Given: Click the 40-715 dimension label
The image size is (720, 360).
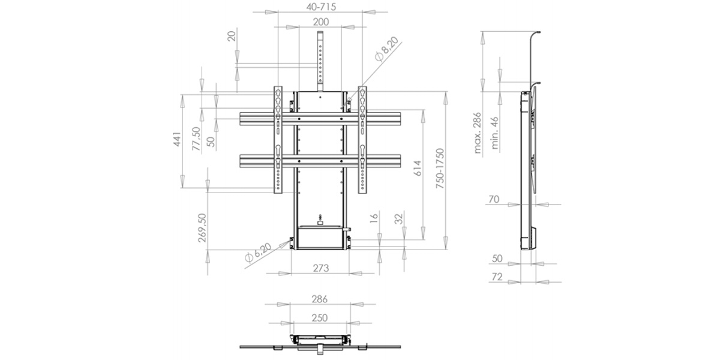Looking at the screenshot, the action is pyautogui.click(x=321, y=7).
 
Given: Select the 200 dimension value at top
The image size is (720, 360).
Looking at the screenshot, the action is pyautogui.click(x=321, y=22).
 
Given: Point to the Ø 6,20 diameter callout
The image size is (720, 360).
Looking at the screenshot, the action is pyautogui.click(x=258, y=253).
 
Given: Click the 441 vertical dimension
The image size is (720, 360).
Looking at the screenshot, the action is pyautogui.click(x=177, y=139).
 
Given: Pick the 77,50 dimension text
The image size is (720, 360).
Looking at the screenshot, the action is pyautogui.click(x=196, y=139).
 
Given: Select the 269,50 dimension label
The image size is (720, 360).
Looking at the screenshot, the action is pyautogui.click(x=202, y=228).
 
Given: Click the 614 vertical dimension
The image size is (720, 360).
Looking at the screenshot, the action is pyautogui.click(x=417, y=168).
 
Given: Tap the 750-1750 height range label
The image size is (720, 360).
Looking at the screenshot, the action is pyautogui.click(x=440, y=169).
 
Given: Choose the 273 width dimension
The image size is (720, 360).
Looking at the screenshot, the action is pyautogui.click(x=321, y=268).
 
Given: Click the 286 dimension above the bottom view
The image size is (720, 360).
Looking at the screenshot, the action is pyautogui.click(x=319, y=299).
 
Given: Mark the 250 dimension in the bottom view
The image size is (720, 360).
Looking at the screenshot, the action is pyautogui.click(x=319, y=318).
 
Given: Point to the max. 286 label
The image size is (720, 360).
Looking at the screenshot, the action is pyautogui.click(x=478, y=133).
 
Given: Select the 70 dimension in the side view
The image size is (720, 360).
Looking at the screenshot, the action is pyautogui.click(x=494, y=199).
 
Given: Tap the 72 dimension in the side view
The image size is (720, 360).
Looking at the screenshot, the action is pyautogui.click(x=497, y=277).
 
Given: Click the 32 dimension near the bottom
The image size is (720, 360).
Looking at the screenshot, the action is pyautogui.click(x=398, y=219).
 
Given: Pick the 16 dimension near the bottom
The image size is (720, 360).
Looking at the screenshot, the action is pyautogui.click(x=374, y=218).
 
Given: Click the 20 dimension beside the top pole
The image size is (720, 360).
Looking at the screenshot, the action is pyautogui.click(x=232, y=36).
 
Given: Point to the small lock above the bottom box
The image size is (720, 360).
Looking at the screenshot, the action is pyautogui.click(x=320, y=220).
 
